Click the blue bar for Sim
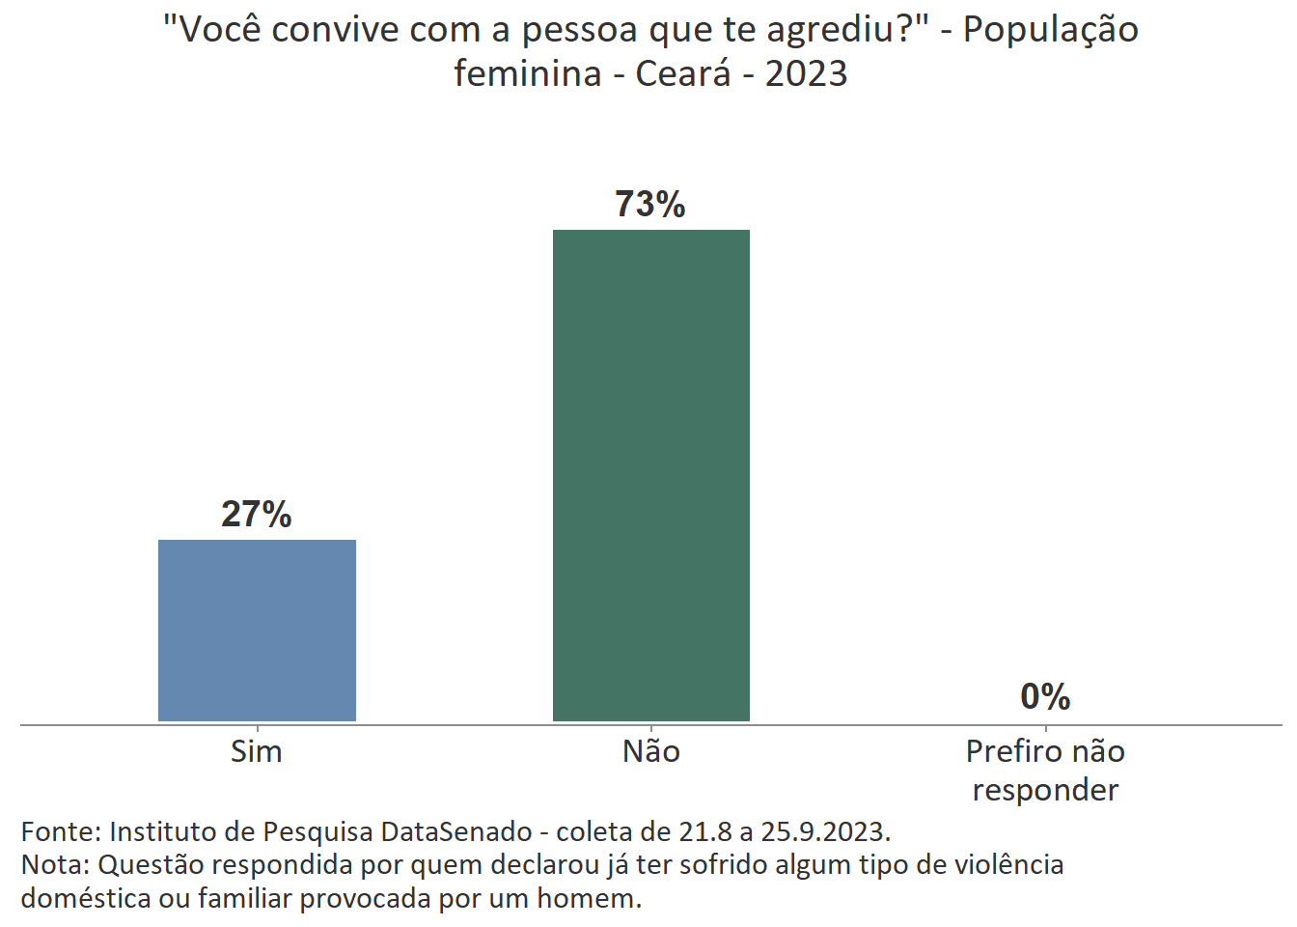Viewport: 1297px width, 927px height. [257, 630]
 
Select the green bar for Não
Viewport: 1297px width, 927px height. [650, 475]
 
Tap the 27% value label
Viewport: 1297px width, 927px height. [257, 514]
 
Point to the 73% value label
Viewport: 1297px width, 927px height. [650, 205]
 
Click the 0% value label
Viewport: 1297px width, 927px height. [1045, 696]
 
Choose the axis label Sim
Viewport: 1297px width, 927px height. [257, 751]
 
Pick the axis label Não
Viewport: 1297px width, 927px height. [651, 751]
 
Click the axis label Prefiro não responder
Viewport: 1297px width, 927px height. [1045, 771]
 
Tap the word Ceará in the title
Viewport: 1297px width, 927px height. [683, 73]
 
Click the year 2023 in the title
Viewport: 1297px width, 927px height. [807, 73]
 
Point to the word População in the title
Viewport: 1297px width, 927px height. [1051, 31]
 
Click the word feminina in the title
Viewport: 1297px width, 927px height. [528, 73]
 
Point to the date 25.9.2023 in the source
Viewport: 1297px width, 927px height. [824, 831]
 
